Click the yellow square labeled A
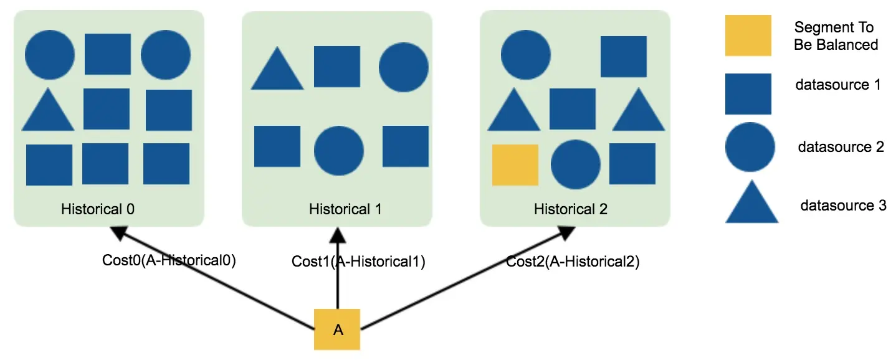(x=337, y=329)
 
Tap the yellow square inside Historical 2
(x=515, y=165)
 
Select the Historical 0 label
(x=98, y=209)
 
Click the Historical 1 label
(x=345, y=209)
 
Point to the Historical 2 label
(x=571, y=209)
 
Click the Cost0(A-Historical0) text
(x=169, y=260)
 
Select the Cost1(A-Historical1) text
(x=358, y=262)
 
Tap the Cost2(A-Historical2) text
(x=573, y=262)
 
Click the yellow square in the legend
(x=748, y=36)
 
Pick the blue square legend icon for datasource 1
(x=748, y=94)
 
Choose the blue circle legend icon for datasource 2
(x=750, y=147)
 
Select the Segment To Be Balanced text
(x=836, y=36)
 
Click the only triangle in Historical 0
(x=48, y=111)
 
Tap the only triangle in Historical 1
(x=277, y=70)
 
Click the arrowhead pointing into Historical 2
(x=567, y=233)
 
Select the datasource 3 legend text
(x=842, y=205)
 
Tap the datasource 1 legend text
(x=838, y=85)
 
